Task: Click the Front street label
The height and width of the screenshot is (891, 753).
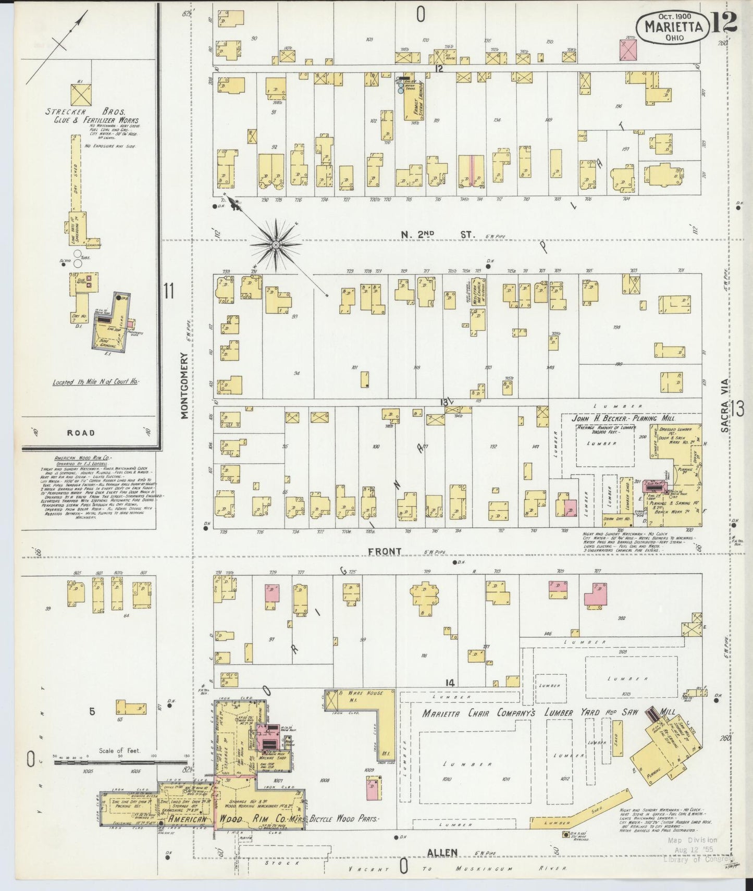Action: click(x=385, y=551)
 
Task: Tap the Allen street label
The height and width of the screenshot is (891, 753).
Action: click(x=442, y=852)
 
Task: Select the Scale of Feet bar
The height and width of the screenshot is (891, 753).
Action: click(x=119, y=762)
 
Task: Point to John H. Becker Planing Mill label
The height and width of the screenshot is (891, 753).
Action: click(x=623, y=418)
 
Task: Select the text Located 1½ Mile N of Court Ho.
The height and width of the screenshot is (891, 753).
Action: click(x=95, y=382)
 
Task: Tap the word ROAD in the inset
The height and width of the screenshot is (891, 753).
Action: click(x=81, y=432)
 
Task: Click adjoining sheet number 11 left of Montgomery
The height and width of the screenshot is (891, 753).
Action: click(x=168, y=291)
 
